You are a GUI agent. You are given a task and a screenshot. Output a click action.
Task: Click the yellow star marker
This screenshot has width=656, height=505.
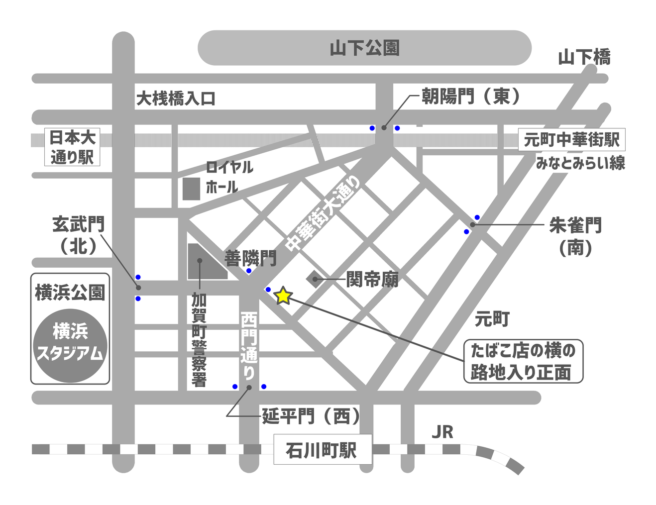[283, 296]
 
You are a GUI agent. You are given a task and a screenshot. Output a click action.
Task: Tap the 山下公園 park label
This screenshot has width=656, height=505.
[364, 48]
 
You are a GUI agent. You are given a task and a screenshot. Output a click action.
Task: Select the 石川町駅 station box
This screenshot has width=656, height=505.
[323, 450]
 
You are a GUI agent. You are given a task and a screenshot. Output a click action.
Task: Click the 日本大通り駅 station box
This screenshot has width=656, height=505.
[72, 147]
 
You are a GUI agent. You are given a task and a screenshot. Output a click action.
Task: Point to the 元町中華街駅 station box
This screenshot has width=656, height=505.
[571, 140]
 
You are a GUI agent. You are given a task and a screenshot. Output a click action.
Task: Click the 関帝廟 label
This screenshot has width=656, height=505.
[372, 280]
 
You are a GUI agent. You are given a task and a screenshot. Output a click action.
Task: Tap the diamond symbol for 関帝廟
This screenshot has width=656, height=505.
[315, 279]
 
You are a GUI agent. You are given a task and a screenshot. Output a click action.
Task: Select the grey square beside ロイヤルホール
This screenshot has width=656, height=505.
[191, 189]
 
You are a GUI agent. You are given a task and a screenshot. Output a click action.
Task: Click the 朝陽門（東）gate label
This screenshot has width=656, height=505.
[470, 96]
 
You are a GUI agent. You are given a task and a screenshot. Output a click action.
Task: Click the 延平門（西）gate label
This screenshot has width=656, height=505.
[311, 416]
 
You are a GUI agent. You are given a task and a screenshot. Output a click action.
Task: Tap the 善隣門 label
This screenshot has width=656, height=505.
[250, 258]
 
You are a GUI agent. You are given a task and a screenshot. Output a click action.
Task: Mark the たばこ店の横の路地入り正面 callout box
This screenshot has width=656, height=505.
[523, 362]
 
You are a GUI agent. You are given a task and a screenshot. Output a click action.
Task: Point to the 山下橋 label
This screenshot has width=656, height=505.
[584, 57]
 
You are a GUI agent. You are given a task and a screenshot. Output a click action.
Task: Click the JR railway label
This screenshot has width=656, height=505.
[442, 432]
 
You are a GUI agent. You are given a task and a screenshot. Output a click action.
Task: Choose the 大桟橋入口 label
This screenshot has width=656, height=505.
[176, 99]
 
